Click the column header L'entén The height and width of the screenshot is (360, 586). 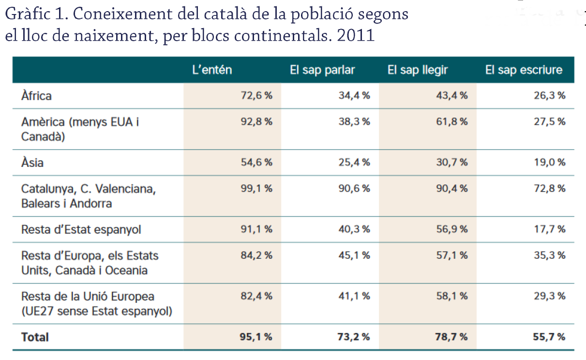point(212,70)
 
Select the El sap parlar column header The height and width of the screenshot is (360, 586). point(322,70)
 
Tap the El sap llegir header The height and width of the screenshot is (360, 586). point(418,70)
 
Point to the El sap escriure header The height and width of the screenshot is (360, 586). point(524,70)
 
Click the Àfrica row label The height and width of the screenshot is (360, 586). point(36,95)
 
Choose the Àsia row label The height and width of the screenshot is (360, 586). point(32,162)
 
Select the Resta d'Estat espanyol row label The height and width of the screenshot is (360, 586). point(81,229)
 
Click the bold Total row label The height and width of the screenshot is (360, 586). point(35,337)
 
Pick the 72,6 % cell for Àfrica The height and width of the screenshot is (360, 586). point(256,95)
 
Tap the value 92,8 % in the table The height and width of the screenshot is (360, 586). point(256,121)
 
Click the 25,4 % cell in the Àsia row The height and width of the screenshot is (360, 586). point(354,162)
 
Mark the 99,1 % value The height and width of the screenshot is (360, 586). point(256,188)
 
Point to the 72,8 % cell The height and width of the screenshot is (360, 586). point(550,188)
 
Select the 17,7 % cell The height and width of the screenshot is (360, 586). point(550,229)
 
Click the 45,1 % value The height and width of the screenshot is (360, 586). point(354,255)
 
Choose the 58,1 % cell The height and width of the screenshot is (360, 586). point(452,296)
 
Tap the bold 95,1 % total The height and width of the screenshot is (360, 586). point(256,337)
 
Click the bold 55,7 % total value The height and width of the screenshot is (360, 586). point(550,337)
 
